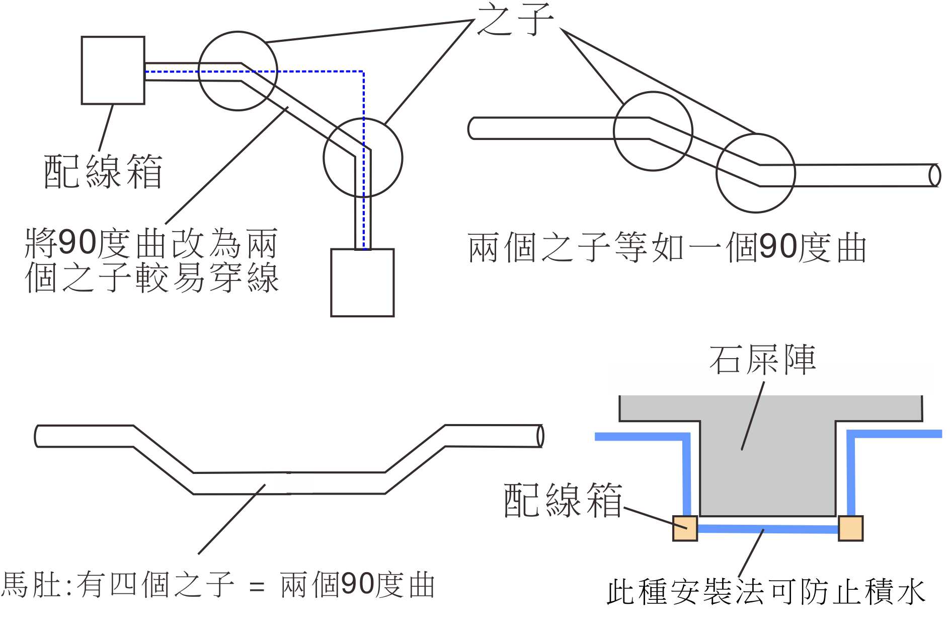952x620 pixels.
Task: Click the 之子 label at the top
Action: (514, 20)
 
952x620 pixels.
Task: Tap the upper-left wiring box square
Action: (113, 71)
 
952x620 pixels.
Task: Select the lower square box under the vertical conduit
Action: (362, 283)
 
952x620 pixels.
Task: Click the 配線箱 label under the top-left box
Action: (103, 172)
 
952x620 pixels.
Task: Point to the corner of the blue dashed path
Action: (363, 72)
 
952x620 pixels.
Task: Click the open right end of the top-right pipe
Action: (934, 175)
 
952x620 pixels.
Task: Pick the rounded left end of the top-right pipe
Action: (472, 128)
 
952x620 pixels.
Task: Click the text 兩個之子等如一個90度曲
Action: (667, 248)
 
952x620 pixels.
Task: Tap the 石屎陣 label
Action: (762, 361)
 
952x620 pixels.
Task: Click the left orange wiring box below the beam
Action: (685, 528)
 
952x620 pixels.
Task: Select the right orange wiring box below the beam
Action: (850, 528)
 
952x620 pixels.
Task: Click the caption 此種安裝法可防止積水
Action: (766, 592)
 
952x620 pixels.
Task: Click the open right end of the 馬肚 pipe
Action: (540, 436)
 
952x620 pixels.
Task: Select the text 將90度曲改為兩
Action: (151, 244)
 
